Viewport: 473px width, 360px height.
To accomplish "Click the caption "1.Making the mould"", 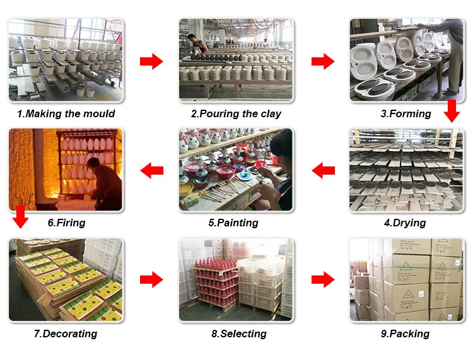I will (x=66, y=114).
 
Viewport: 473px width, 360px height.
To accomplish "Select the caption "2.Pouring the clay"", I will (x=236, y=114).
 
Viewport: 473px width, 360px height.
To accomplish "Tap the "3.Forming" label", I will (x=406, y=114).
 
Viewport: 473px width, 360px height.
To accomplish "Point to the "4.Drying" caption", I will (x=405, y=223).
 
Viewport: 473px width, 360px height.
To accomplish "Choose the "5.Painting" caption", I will (x=233, y=223).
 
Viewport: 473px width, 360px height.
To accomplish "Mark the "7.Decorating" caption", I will (x=66, y=334).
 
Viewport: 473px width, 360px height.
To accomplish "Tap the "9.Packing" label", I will (x=405, y=334).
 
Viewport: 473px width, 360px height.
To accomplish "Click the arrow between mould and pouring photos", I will (x=151, y=61).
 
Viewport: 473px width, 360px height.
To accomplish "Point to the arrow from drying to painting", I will (x=324, y=170).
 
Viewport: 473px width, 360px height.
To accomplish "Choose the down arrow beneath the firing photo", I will (x=21, y=216).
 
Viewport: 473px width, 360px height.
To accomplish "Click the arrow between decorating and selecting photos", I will (x=151, y=279).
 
